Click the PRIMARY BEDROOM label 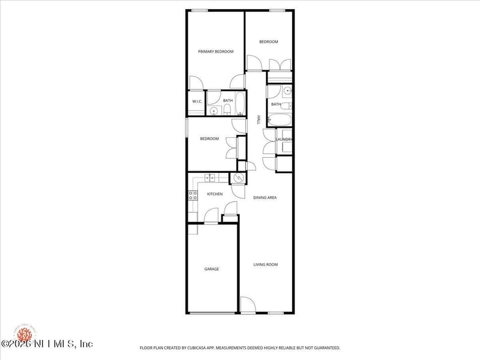(x=215, y=52)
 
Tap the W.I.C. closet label (x=197, y=101)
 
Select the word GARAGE (x=211, y=269)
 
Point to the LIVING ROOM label (x=265, y=265)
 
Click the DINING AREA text (x=265, y=197)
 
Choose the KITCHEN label (x=215, y=194)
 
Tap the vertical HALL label (x=259, y=120)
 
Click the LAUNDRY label (x=284, y=140)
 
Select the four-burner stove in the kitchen (x=193, y=195)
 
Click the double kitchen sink (x=210, y=177)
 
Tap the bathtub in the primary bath (x=240, y=103)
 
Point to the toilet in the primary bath (x=227, y=110)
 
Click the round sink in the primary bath (x=214, y=111)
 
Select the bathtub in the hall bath (x=280, y=118)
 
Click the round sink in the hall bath (x=287, y=91)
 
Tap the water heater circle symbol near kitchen (x=238, y=178)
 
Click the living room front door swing (x=247, y=304)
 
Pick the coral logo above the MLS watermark (x=24, y=332)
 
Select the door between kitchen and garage (x=211, y=216)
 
